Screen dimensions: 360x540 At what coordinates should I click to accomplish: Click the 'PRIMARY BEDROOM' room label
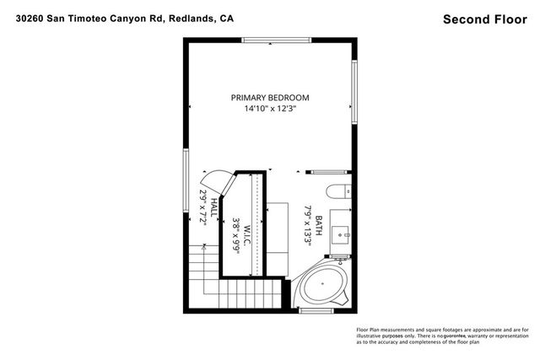(x=270, y=98)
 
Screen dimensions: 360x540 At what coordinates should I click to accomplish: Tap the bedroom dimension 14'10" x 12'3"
(x=270, y=109)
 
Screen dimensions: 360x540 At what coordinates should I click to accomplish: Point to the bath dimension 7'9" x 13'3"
(x=309, y=224)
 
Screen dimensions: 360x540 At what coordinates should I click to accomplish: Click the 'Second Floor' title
(x=486, y=18)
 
